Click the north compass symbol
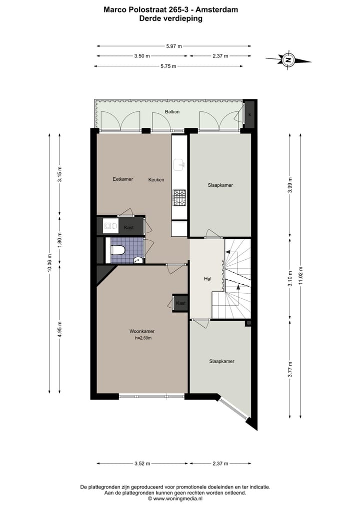pos(288,59)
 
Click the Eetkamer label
pos(122,179)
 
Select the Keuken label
pos(156,179)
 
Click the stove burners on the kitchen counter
pos(178,198)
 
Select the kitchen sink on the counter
pos(178,163)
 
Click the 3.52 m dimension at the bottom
pos(142,464)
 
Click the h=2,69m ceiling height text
pos(143,338)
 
